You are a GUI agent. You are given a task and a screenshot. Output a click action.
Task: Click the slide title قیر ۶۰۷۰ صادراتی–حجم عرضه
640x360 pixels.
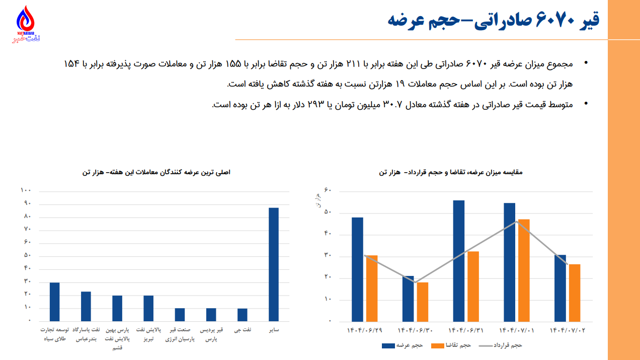pyautogui.click(x=493, y=20)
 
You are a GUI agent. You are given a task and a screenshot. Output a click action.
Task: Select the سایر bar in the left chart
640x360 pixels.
pyautogui.click(x=273, y=264)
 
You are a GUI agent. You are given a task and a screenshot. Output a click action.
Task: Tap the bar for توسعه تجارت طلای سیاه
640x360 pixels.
pyautogui.click(x=54, y=302)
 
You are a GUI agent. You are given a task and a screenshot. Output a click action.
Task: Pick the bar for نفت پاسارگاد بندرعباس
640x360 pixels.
pyautogui.click(x=86, y=306)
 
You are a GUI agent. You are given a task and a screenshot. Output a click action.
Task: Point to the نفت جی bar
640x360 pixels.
pyautogui.click(x=242, y=315)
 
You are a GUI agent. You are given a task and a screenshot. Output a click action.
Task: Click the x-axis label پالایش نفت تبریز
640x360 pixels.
pyautogui.click(x=148, y=334)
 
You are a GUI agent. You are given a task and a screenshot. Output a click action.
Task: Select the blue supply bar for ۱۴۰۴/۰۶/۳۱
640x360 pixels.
pyautogui.click(x=458, y=261)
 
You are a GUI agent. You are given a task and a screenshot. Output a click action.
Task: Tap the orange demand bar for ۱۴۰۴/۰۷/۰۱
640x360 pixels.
pyautogui.click(x=524, y=270)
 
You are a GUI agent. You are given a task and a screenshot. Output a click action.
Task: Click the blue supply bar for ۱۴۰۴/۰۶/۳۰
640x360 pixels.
pyautogui.click(x=408, y=299)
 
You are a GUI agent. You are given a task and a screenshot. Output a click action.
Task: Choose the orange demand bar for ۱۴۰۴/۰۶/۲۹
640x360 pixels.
pyautogui.click(x=372, y=288)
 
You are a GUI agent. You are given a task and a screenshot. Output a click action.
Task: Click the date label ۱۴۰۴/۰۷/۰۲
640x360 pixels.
pyautogui.click(x=567, y=330)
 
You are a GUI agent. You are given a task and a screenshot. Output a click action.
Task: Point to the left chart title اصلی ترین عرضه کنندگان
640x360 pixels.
pyautogui.click(x=156, y=173)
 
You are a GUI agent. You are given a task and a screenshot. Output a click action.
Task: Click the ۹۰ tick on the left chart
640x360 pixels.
pyautogui.click(x=26, y=203)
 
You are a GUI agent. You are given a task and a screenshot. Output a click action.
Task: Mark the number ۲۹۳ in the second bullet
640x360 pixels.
pyautogui.click(x=324, y=104)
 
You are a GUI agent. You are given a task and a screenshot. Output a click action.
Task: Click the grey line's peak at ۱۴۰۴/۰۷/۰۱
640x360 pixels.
pyautogui.click(x=516, y=222)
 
